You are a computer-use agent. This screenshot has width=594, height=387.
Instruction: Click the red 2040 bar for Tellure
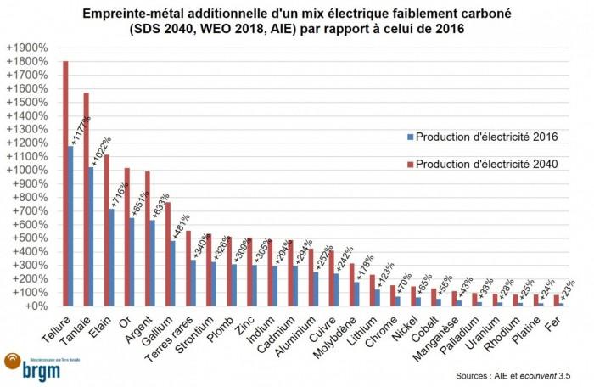(x=66, y=182)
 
